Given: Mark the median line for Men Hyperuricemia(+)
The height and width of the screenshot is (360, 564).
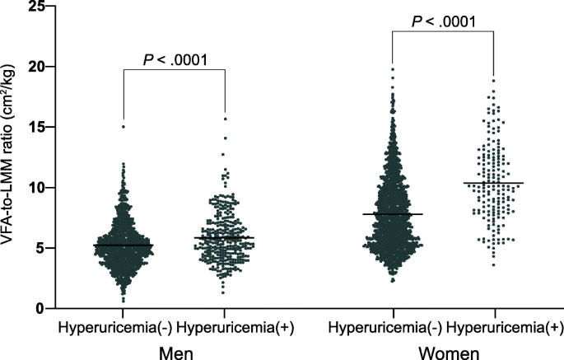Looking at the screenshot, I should coord(224,237).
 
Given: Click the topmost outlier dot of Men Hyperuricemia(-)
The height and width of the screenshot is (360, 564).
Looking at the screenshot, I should coord(124,127).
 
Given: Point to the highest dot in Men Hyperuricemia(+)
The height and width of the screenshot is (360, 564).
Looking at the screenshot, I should coord(224,119).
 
